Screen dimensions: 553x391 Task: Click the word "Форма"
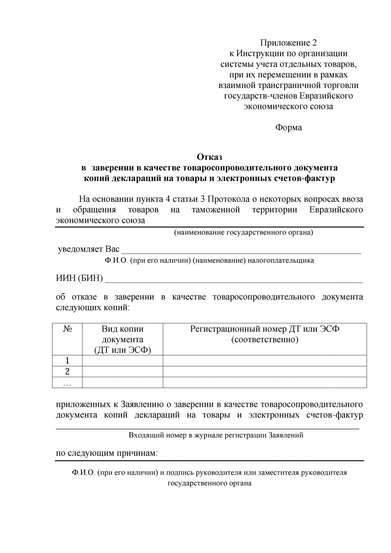pos(289,128)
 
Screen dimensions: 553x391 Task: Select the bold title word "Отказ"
pos(210,158)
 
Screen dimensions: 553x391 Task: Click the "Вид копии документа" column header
pos(123,339)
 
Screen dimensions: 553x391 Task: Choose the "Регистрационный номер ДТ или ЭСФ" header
pos(265,334)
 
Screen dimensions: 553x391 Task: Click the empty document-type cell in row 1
pos(123,361)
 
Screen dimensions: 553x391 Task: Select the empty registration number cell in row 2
pos(265,372)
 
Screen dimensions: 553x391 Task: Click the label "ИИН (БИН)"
pos(79,279)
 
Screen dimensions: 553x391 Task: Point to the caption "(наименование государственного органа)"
pos(243,233)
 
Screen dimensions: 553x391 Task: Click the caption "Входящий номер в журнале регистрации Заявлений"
pos(216,435)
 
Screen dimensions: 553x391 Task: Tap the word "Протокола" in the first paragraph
pos(227,199)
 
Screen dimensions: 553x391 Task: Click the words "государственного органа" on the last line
pos(210,484)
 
